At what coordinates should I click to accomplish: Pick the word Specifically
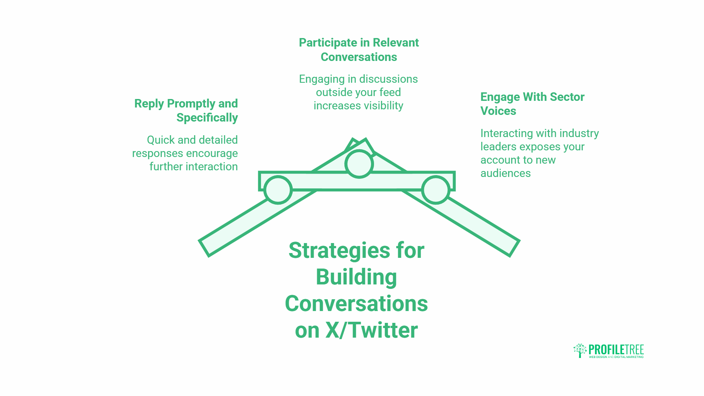click(207, 118)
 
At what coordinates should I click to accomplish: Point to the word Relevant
click(396, 43)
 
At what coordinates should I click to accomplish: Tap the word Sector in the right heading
click(567, 97)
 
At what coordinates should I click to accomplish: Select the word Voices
click(498, 111)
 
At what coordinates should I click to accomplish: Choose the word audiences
click(506, 173)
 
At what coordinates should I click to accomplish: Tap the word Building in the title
click(356, 277)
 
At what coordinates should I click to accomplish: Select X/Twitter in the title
click(371, 330)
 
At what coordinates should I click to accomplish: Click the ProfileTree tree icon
click(580, 350)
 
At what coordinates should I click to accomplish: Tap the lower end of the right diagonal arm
click(514, 248)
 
